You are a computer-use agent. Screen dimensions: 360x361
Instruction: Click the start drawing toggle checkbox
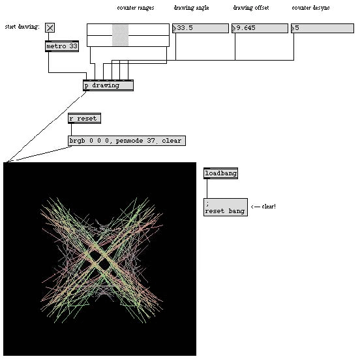(50, 27)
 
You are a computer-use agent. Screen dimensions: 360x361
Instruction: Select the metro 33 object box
(62, 46)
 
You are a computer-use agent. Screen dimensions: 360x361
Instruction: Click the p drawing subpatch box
(108, 85)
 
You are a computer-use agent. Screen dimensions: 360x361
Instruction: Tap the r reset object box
(84, 119)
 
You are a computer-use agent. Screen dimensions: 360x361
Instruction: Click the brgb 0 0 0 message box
(127, 141)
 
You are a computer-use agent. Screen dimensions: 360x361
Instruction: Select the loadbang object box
(220, 173)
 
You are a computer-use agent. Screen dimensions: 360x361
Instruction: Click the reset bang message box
(226, 207)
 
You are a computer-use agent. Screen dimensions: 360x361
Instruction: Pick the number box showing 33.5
(200, 28)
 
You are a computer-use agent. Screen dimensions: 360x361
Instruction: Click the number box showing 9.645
(260, 28)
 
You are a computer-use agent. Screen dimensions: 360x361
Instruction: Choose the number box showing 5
(322, 28)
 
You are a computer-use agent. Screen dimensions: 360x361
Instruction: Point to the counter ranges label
(136, 8)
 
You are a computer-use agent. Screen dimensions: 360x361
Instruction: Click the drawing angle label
(191, 8)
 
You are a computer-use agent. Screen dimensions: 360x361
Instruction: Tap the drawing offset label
(250, 8)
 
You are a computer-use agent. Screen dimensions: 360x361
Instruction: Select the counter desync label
(310, 8)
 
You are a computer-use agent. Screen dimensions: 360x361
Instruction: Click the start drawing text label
(22, 27)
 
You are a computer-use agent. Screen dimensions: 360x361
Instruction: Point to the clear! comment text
(269, 207)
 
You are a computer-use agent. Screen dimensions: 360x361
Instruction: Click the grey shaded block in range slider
(120, 35)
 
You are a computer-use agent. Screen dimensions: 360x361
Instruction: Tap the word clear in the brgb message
(172, 141)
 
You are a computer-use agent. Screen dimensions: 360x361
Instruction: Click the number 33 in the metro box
(73, 46)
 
